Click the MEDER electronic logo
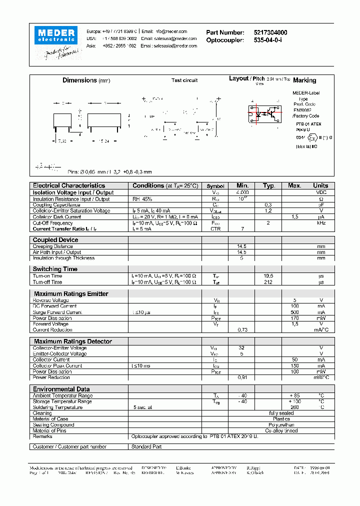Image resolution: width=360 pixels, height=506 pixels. (x=55, y=35)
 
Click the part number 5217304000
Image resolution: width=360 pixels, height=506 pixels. (x=270, y=32)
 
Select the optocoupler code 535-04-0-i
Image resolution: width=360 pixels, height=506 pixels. (x=267, y=40)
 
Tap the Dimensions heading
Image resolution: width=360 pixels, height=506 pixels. (x=79, y=80)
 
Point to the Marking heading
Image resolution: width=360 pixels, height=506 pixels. (x=304, y=80)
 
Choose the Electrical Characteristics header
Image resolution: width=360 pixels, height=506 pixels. (x=69, y=185)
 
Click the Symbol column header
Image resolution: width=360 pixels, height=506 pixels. (x=215, y=186)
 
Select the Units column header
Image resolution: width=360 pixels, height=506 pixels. (x=320, y=185)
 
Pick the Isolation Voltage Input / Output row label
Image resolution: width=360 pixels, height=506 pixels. (x=73, y=192)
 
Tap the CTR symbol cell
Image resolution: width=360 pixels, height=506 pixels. (x=215, y=228)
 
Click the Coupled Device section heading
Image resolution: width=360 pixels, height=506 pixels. (x=55, y=240)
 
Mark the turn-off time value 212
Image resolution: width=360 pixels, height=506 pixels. (x=268, y=282)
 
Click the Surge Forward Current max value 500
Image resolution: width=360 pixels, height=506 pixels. (x=294, y=312)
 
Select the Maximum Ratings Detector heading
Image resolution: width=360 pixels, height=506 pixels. (x=73, y=341)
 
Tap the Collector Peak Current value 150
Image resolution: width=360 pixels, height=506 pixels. (x=294, y=365)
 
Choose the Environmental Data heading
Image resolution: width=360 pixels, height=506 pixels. (x=61, y=389)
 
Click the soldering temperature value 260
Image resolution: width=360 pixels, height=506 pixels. (x=294, y=407)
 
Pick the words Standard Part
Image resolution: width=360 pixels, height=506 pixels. (x=146, y=446)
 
